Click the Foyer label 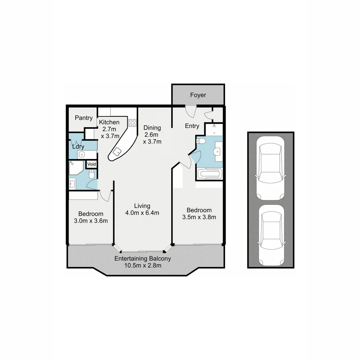click(x=198, y=95)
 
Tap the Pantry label click(x=84, y=118)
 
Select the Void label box click(x=92, y=164)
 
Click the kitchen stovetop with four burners click(x=133, y=123)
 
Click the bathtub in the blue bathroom click(x=209, y=174)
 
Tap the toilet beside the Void click(x=92, y=174)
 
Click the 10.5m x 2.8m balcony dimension click(x=143, y=266)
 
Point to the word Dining click(x=152, y=128)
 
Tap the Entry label click(x=192, y=126)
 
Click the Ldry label click(x=78, y=146)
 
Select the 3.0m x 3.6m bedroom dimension click(x=91, y=221)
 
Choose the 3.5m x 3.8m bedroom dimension click(x=199, y=217)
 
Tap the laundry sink click(x=82, y=154)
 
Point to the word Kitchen click(x=109, y=122)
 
